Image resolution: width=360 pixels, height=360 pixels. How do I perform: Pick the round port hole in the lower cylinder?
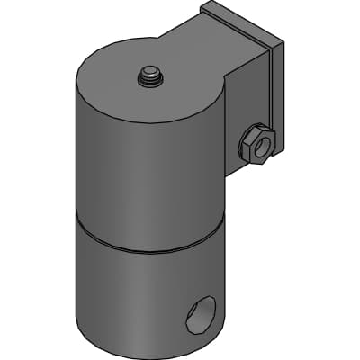pyautogui.click(x=200, y=315)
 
